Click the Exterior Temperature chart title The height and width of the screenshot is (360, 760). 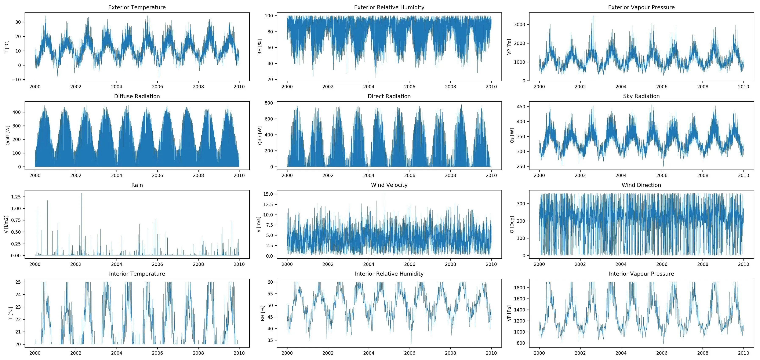137,7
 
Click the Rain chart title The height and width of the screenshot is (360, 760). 137,185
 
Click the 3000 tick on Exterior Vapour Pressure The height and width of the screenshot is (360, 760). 520,25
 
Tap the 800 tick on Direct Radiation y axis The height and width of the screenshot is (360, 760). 269,103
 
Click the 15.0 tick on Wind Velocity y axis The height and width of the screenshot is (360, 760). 268,194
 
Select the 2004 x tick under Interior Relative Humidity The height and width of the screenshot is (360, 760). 368,353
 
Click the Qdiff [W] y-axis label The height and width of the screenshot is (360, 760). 8,135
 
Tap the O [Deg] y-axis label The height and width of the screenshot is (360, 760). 512,224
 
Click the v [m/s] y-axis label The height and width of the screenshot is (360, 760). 259,224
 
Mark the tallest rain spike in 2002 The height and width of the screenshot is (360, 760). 81,194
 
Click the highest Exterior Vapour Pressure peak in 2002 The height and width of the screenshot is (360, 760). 593,16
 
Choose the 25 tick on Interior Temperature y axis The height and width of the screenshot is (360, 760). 18,282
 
